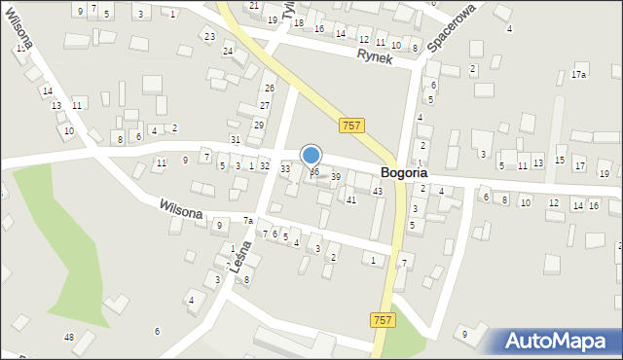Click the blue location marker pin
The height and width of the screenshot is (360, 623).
(311, 156)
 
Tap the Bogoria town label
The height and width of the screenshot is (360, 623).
(403, 173)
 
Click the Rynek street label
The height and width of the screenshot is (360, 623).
(375, 57)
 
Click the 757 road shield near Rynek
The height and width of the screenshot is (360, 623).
(352, 126)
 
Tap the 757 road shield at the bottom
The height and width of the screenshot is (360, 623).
(383, 320)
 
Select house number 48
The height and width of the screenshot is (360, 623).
(68, 337)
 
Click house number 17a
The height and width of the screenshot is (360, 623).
(579, 75)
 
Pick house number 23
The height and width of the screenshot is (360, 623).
(209, 36)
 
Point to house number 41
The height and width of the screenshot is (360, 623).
(351, 199)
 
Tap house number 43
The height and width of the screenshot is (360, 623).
(377, 191)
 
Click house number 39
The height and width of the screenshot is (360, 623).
(336, 176)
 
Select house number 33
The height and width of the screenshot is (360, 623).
(285, 169)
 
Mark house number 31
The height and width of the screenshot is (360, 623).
(235, 140)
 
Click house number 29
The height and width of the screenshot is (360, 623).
(259, 125)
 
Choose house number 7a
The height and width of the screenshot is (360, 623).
(248, 221)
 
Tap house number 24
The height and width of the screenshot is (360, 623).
(228, 51)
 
